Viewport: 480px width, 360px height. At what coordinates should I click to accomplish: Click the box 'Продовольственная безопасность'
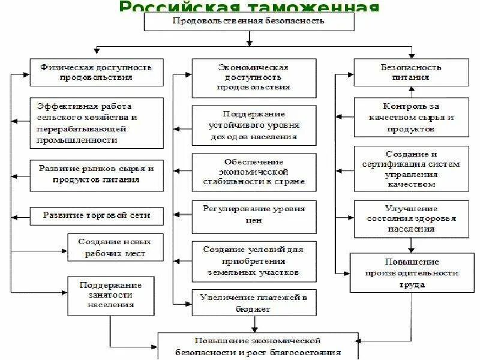coord(248,22)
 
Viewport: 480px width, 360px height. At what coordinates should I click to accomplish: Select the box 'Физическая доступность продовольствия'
coord(97,72)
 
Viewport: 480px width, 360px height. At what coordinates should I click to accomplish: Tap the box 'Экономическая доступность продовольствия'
coord(253,77)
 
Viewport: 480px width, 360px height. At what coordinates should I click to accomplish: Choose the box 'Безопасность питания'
coord(411,72)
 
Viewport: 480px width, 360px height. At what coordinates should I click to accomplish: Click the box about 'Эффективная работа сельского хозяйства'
coord(97,123)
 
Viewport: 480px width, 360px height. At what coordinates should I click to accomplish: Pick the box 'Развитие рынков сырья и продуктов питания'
coord(97,175)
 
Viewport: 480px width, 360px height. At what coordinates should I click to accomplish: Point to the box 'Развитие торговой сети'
coord(97,215)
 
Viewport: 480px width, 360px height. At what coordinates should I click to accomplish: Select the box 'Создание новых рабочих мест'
coord(114,247)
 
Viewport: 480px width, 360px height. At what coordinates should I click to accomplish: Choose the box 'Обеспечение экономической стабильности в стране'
coord(253,172)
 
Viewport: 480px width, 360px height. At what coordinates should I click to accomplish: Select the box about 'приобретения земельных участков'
coord(253,260)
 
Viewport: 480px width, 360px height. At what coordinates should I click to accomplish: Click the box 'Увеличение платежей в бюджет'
coord(253,302)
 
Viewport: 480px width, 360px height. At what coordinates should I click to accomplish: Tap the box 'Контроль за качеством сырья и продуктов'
coord(411,117)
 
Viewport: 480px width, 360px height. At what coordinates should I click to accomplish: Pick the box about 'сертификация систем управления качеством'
coord(411,169)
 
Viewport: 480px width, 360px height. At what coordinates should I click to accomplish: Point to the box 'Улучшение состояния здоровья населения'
coord(411,219)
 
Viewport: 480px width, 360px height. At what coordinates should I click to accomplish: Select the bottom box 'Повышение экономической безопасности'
coord(258,346)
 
